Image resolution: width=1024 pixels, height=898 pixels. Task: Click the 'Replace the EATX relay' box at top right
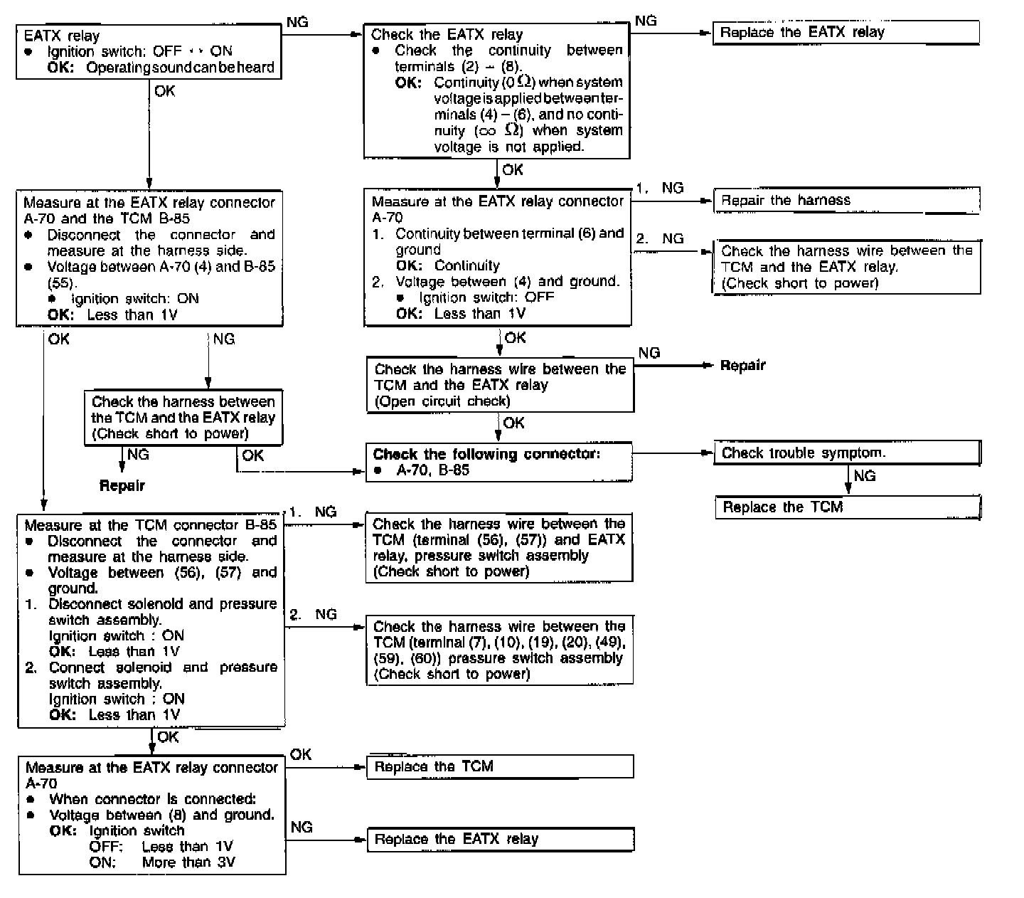point(846,33)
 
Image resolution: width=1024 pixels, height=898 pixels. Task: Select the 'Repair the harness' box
point(846,201)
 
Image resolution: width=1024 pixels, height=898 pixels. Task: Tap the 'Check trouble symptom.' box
point(847,453)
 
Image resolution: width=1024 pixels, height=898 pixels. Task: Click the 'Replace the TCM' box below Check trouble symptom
point(847,507)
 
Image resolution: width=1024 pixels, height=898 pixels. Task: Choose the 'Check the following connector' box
point(498,462)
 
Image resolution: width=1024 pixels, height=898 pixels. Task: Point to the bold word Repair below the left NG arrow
point(122,486)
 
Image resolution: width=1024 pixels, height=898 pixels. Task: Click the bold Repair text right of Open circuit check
point(742,366)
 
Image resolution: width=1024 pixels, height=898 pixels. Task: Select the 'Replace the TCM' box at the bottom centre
point(499,766)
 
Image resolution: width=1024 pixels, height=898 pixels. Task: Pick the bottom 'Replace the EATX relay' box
point(499,839)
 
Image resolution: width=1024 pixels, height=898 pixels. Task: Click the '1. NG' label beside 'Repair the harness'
point(659,188)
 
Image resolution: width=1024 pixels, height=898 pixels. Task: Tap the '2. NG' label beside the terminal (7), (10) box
point(313,614)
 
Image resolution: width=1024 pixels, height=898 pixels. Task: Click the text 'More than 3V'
point(188,862)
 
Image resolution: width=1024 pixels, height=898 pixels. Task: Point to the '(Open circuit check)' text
point(442,401)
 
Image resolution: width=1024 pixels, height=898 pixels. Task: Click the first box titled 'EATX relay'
point(149,51)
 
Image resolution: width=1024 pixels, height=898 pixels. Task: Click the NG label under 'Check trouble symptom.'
point(864,476)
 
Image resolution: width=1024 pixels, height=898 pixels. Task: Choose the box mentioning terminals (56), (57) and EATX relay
point(498,548)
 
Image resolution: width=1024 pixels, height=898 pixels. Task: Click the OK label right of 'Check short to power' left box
point(252,455)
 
